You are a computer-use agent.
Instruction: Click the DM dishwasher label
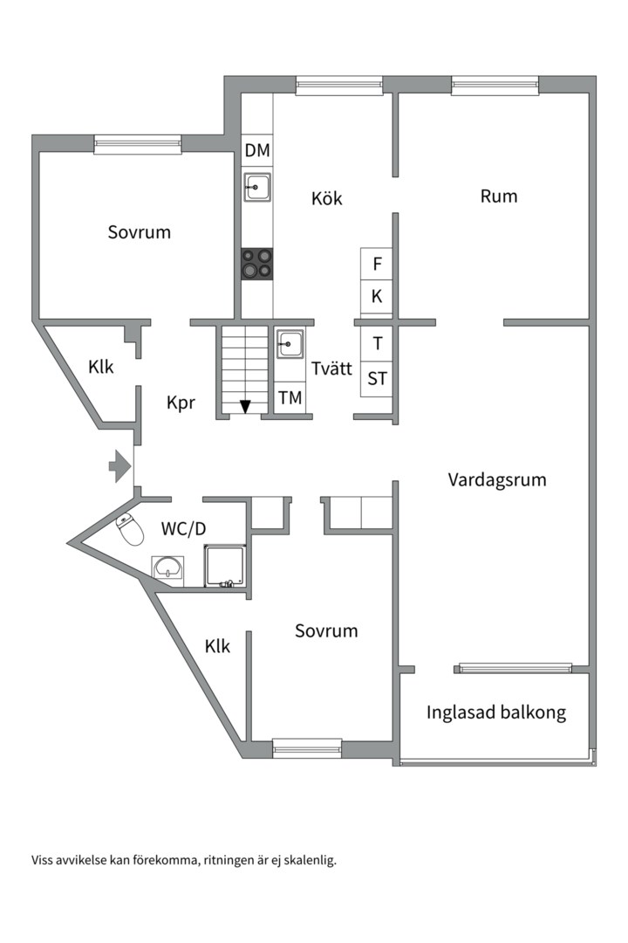tap(257, 151)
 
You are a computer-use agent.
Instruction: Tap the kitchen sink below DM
tap(257, 186)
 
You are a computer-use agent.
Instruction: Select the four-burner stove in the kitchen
tap(257, 264)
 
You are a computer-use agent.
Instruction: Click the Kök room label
tap(327, 199)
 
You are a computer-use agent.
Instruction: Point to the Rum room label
tap(499, 196)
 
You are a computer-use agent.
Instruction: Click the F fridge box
tap(377, 264)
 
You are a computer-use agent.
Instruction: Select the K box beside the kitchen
tap(377, 297)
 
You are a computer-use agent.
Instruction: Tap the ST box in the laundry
tap(377, 379)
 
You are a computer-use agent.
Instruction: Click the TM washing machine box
tap(290, 398)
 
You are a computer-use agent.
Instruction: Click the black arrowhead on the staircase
tap(245, 406)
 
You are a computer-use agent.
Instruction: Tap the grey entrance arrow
tap(119, 466)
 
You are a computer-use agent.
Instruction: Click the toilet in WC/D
tap(130, 528)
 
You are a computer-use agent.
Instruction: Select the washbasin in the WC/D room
tap(167, 569)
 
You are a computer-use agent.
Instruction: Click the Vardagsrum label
tap(497, 479)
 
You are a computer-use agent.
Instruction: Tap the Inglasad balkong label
tap(495, 712)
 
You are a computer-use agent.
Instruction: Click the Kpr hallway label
tap(181, 403)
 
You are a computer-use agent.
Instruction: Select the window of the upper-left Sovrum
tap(138, 144)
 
